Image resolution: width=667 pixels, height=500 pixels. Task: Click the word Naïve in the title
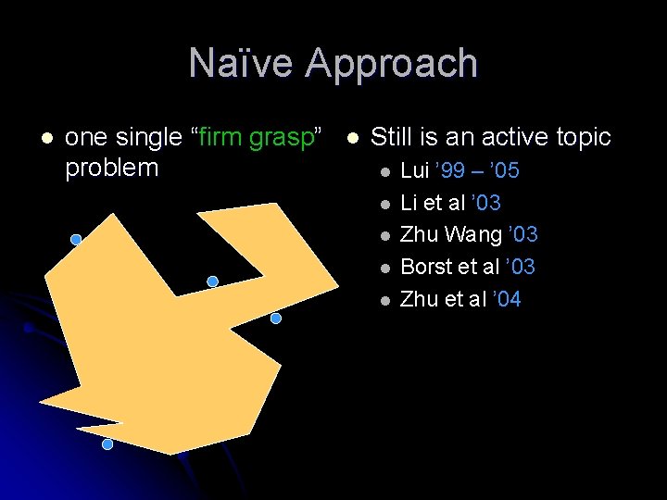pos(241,64)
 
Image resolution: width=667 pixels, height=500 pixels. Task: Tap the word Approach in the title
pos(392,64)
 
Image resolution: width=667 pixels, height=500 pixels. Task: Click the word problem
pos(112,169)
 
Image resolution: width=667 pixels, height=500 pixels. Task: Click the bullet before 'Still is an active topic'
pos(351,138)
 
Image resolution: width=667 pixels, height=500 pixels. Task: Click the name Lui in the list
pos(414,170)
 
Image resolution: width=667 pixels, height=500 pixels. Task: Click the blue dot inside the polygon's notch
pos(212,281)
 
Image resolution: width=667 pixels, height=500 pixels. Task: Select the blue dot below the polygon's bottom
pos(107,444)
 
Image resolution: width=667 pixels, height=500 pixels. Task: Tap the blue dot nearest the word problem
pos(76,239)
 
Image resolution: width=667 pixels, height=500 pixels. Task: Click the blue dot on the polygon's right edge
pos(275,319)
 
